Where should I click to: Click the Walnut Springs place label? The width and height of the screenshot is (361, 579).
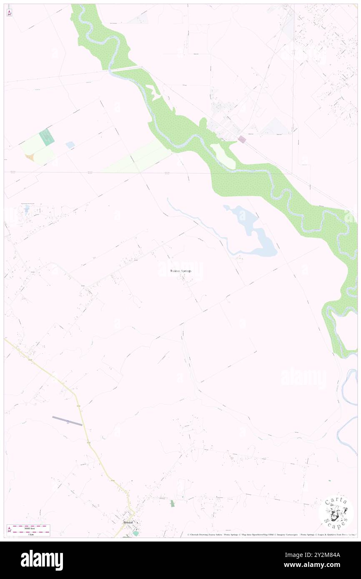coord(180,271)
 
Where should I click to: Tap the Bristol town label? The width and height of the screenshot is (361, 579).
coord(128,522)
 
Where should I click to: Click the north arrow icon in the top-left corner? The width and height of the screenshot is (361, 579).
coord(9,13)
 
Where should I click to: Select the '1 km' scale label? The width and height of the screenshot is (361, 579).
coord(29,534)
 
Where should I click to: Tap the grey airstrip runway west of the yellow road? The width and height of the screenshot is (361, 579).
coord(67,421)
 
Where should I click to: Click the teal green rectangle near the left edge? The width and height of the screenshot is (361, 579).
coord(47,137)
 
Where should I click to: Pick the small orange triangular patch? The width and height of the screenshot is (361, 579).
coord(30,157)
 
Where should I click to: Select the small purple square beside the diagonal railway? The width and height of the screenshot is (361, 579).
coord(241,140)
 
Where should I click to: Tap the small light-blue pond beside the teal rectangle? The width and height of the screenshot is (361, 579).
coord(70,145)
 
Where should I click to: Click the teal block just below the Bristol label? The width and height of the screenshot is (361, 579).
coord(135,533)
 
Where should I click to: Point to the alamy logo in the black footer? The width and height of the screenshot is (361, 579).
coord(42,560)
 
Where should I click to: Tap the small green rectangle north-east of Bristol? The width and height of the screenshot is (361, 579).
coord(172,503)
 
